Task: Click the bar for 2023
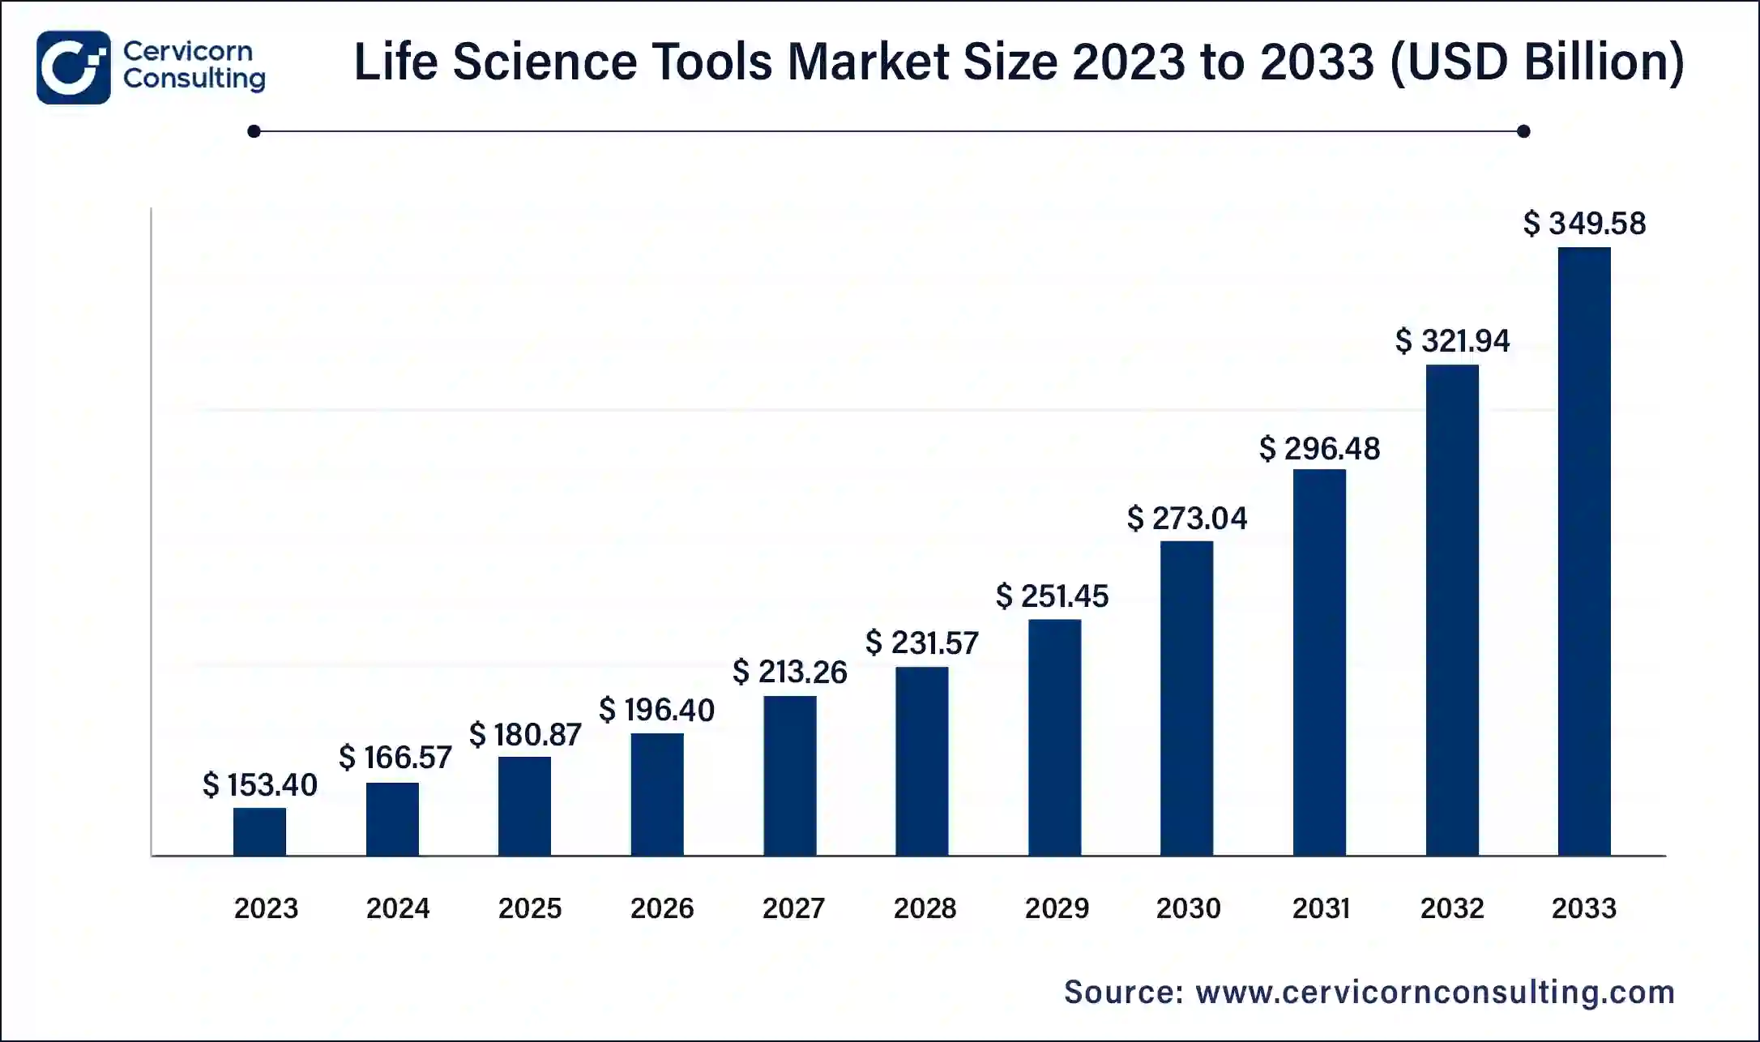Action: pyautogui.click(x=259, y=831)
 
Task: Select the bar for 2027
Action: pyautogui.click(x=789, y=775)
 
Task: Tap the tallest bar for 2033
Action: pyautogui.click(x=1584, y=551)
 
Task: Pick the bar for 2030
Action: pyautogui.click(x=1186, y=698)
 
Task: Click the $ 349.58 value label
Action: pyautogui.click(x=1584, y=224)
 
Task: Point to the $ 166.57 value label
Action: pyautogui.click(x=395, y=758)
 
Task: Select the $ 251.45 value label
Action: pyautogui.click(x=1052, y=596)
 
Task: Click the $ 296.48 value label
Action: pyautogui.click(x=1319, y=449)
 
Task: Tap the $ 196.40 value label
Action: pyautogui.click(x=656, y=711)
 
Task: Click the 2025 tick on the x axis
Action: pyautogui.click(x=529, y=908)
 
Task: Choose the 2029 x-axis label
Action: pyautogui.click(x=1057, y=908)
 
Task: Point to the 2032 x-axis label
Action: pyautogui.click(x=1452, y=908)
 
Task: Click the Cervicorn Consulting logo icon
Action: pyautogui.click(x=73, y=67)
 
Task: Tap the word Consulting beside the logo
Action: pyautogui.click(x=194, y=79)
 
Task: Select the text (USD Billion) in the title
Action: pyautogui.click(x=1538, y=62)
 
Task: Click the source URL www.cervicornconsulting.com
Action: pyautogui.click(x=1435, y=992)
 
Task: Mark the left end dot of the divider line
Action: pyautogui.click(x=254, y=131)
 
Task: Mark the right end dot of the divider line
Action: pyautogui.click(x=1523, y=131)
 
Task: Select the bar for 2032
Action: pyautogui.click(x=1452, y=610)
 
